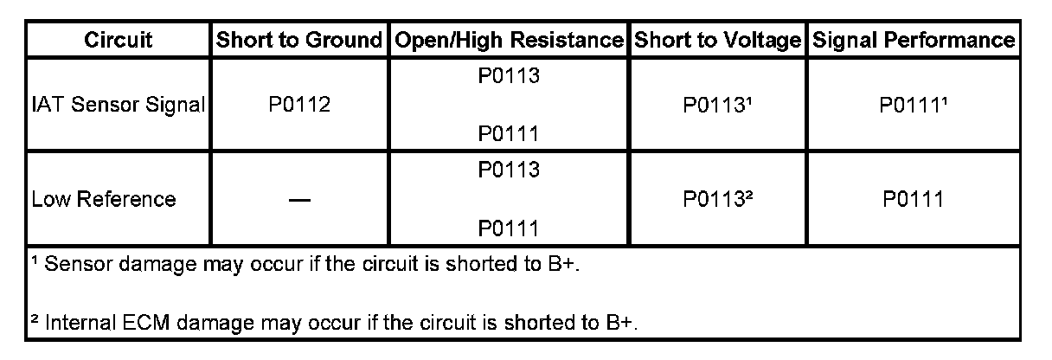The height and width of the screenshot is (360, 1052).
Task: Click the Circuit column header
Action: click(119, 40)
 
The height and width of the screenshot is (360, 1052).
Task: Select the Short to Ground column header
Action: click(298, 40)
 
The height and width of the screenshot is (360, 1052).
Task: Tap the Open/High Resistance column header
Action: click(508, 40)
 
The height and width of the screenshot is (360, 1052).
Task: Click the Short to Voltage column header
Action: click(717, 40)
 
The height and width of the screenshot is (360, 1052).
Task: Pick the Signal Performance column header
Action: click(913, 40)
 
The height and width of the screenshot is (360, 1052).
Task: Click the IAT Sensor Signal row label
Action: click(119, 106)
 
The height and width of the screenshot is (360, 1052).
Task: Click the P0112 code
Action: click(298, 106)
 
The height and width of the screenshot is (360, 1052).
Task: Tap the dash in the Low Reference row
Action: click(298, 200)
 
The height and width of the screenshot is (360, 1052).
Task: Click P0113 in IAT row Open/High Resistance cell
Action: click(508, 77)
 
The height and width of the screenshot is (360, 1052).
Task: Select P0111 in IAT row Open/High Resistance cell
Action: click(508, 134)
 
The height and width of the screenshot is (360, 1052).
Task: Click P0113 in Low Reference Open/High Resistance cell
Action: click(508, 170)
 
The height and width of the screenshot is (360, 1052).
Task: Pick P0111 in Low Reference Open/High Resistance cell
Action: click(508, 228)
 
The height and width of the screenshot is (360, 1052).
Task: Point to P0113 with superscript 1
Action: click(717, 106)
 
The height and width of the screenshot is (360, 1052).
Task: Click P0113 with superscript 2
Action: click(717, 199)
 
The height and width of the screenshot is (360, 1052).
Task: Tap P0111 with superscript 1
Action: click(913, 106)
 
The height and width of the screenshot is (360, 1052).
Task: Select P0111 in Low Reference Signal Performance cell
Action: click(913, 199)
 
